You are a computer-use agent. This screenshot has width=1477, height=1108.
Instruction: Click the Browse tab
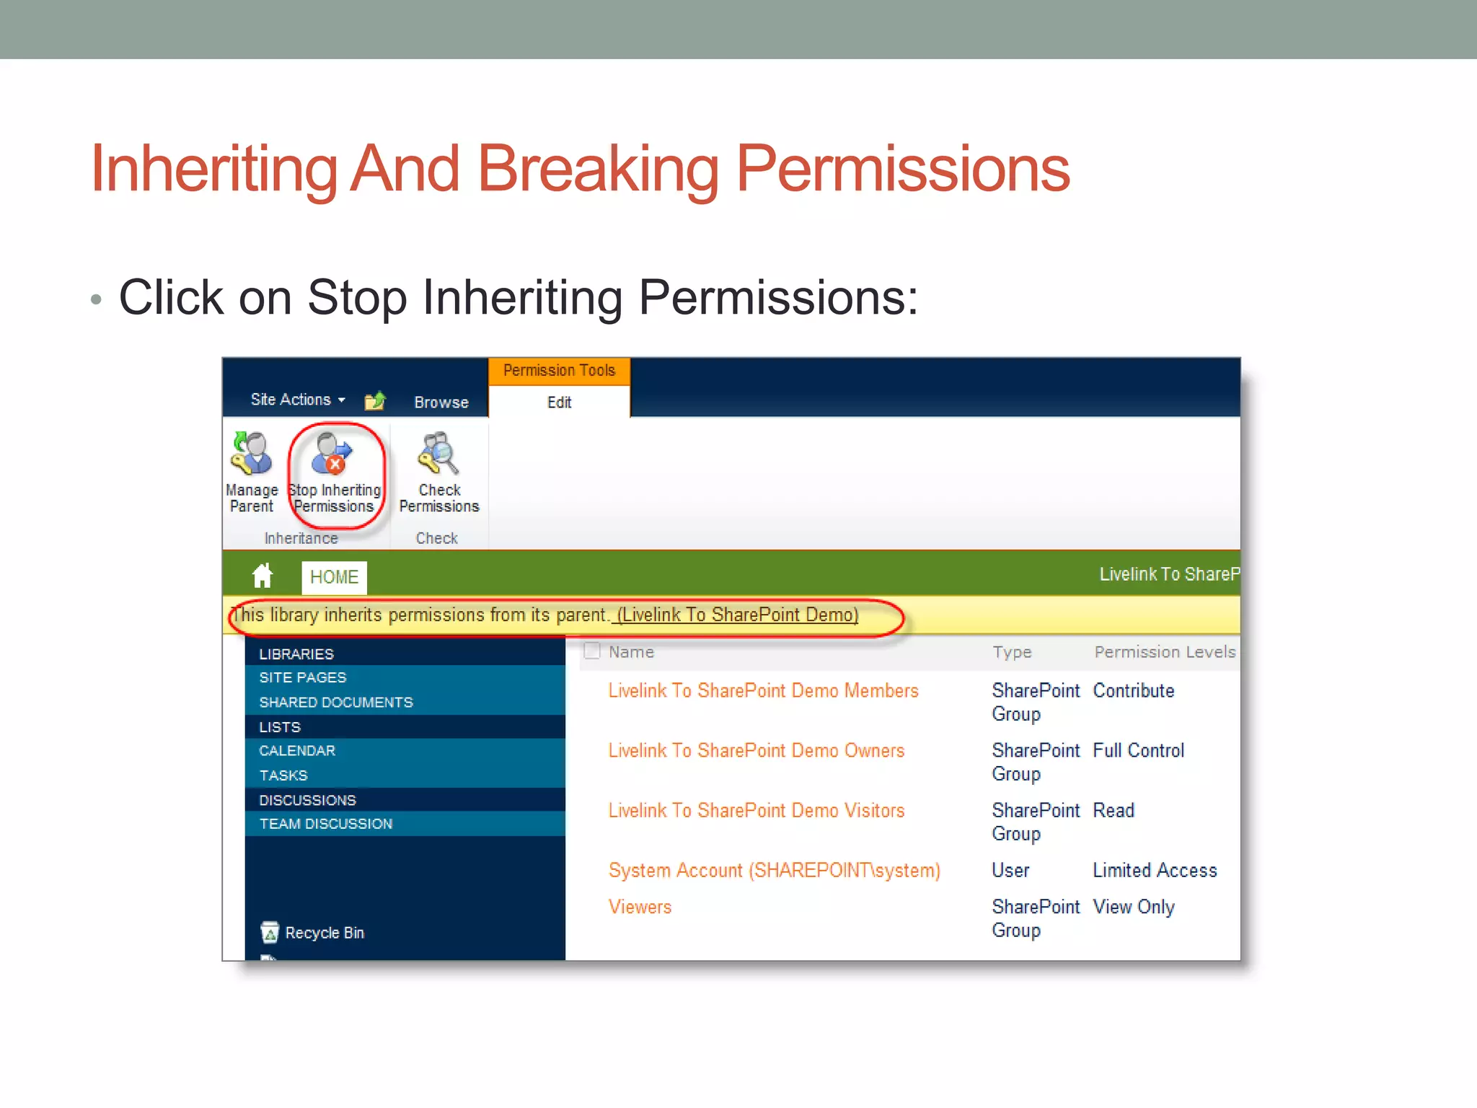[x=441, y=403]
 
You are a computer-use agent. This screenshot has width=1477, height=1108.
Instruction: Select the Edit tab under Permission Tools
[x=559, y=403]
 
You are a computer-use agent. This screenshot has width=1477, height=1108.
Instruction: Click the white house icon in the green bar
[x=263, y=576]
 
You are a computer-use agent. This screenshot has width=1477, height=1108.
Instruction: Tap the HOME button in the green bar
[x=334, y=577]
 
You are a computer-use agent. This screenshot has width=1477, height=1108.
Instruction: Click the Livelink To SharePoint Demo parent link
[x=737, y=615]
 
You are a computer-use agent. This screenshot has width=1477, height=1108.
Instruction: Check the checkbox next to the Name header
[x=592, y=651]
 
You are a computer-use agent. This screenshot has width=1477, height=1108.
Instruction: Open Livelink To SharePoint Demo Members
[x=763, y=691]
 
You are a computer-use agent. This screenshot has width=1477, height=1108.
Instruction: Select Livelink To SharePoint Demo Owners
[x=756, y=751]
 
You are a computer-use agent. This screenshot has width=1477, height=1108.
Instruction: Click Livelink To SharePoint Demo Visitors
[x=756, y=811]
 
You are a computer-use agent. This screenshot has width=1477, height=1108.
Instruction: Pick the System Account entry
[x=774, y=871]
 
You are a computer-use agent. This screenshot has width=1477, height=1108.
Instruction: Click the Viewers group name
[x=640, y=907]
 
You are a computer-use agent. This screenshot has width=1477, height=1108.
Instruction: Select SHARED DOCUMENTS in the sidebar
[x=336, y=703]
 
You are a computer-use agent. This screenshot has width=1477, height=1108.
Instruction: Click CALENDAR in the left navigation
[x=297, y=751]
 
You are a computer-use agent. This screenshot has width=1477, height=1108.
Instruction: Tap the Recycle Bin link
[x=324, y=933]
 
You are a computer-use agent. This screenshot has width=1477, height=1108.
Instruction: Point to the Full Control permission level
[x=1138, y=751]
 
